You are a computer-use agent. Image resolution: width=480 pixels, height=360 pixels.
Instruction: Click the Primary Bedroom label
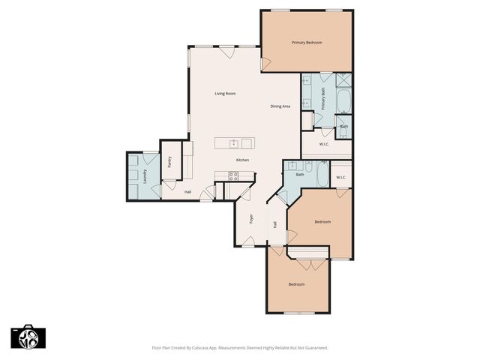tap(307, 43)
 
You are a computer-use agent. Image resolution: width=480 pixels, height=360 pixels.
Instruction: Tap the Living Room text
tap(225, 94)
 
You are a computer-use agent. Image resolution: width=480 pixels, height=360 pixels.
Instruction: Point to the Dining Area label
tap(280, 106)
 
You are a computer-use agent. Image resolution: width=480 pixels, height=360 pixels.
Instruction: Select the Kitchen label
tap(242, 160)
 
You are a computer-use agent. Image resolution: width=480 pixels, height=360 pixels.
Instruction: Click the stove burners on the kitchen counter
tap(232, 176)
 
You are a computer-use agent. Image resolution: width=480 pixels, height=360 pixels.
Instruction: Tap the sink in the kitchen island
tap(234, 142)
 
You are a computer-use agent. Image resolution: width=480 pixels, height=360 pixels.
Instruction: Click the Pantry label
tap(170, 161)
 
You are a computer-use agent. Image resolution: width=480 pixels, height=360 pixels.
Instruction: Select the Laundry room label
tap(144, 176)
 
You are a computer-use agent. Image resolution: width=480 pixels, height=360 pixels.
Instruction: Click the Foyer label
tap(252, 220)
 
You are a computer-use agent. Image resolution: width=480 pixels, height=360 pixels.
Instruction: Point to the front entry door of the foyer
tap(248, 241)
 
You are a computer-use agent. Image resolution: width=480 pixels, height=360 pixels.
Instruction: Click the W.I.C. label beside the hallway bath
tap(340, 177)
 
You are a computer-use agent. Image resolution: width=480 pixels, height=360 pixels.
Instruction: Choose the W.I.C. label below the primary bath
tap(324, 144)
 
